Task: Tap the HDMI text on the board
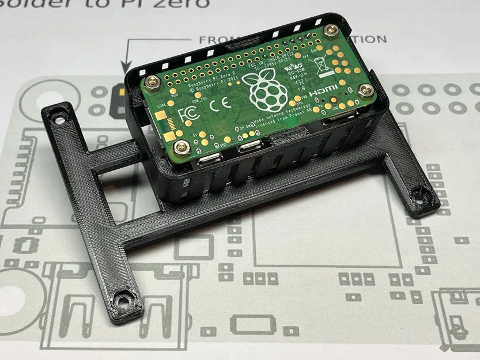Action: tap(323, 93)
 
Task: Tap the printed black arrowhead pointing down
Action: tap(124, 70)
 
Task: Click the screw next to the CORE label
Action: tap(152, 82)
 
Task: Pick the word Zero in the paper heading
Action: tap(182, 4)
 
